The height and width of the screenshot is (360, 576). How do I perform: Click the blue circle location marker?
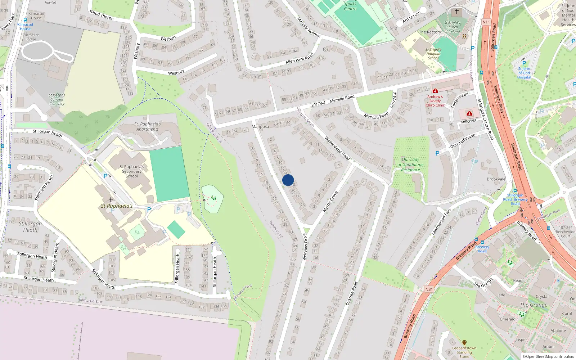288,180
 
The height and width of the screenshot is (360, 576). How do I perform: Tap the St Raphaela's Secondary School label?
132,171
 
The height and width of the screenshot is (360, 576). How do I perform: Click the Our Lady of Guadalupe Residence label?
410,165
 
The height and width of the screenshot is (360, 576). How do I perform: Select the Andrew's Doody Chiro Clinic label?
435,101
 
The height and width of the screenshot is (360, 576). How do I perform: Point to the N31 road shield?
429,289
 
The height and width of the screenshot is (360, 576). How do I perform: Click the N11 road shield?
486,22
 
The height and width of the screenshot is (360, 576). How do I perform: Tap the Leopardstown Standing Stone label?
464,352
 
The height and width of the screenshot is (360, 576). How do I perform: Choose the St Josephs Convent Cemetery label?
57,99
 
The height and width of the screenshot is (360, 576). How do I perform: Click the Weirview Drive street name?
305,247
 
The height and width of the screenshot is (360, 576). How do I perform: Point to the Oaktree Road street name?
352,293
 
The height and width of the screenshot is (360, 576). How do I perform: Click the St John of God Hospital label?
524,73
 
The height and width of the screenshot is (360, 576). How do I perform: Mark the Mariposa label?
260,126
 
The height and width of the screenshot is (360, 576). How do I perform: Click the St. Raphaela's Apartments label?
148,126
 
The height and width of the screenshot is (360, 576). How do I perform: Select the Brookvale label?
496,179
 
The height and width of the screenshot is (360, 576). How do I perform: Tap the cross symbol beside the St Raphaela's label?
111,199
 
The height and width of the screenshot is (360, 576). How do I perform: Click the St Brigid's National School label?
433,54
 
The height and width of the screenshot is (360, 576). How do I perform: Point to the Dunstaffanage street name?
463,141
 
